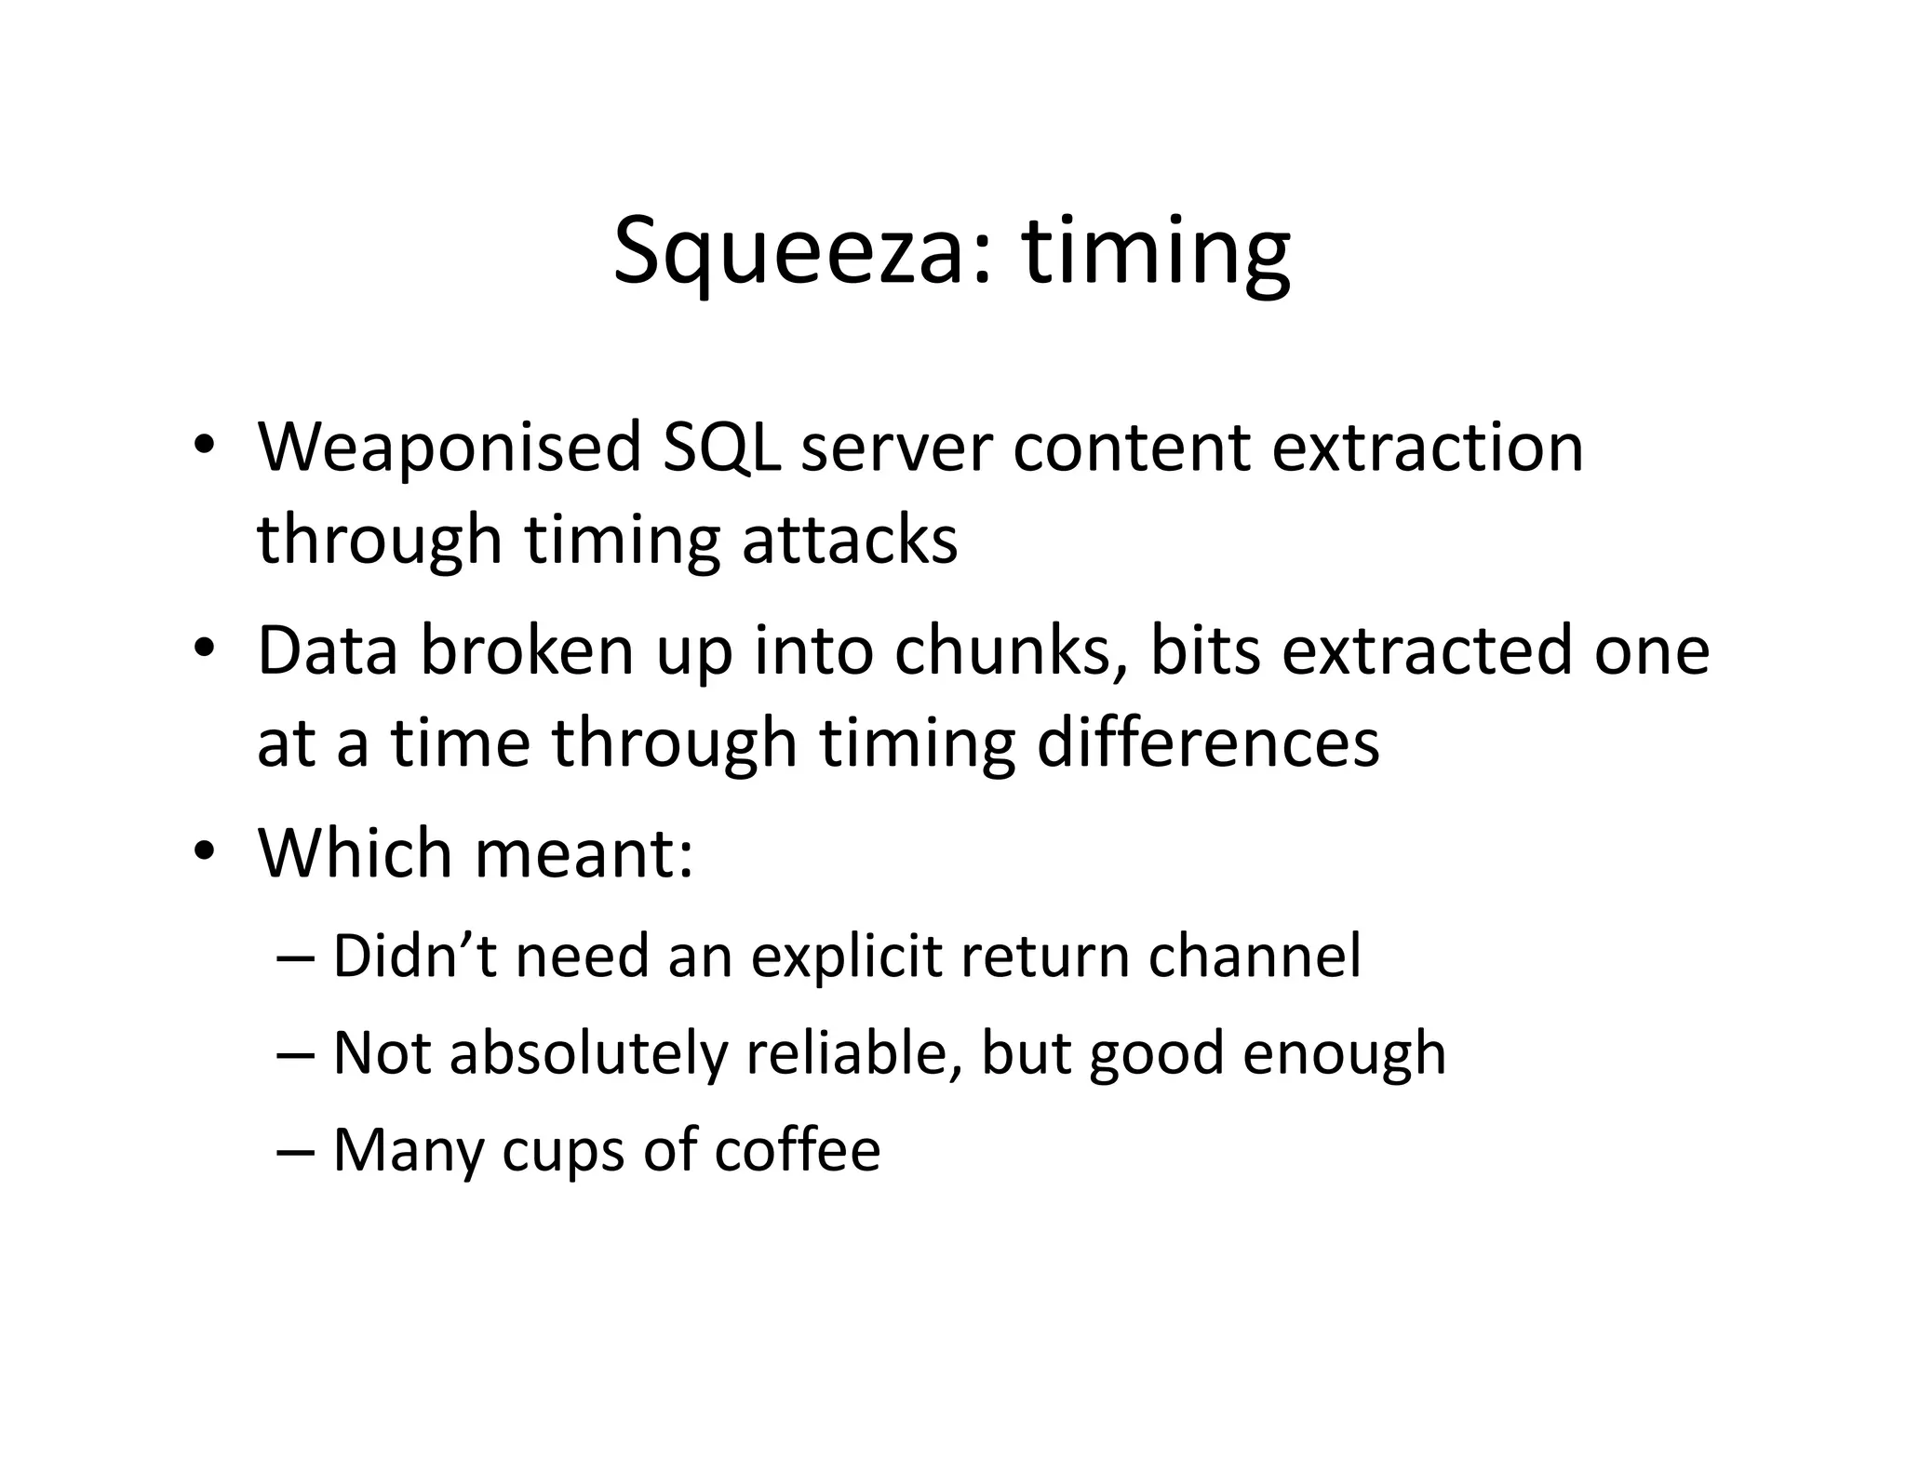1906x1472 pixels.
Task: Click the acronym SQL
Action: click(x=721, y=448)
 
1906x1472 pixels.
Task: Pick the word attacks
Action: click(x=849, y=540)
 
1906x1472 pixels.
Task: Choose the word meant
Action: click(x=584, y=853)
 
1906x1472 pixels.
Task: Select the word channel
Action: click(x=1254, y=957)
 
